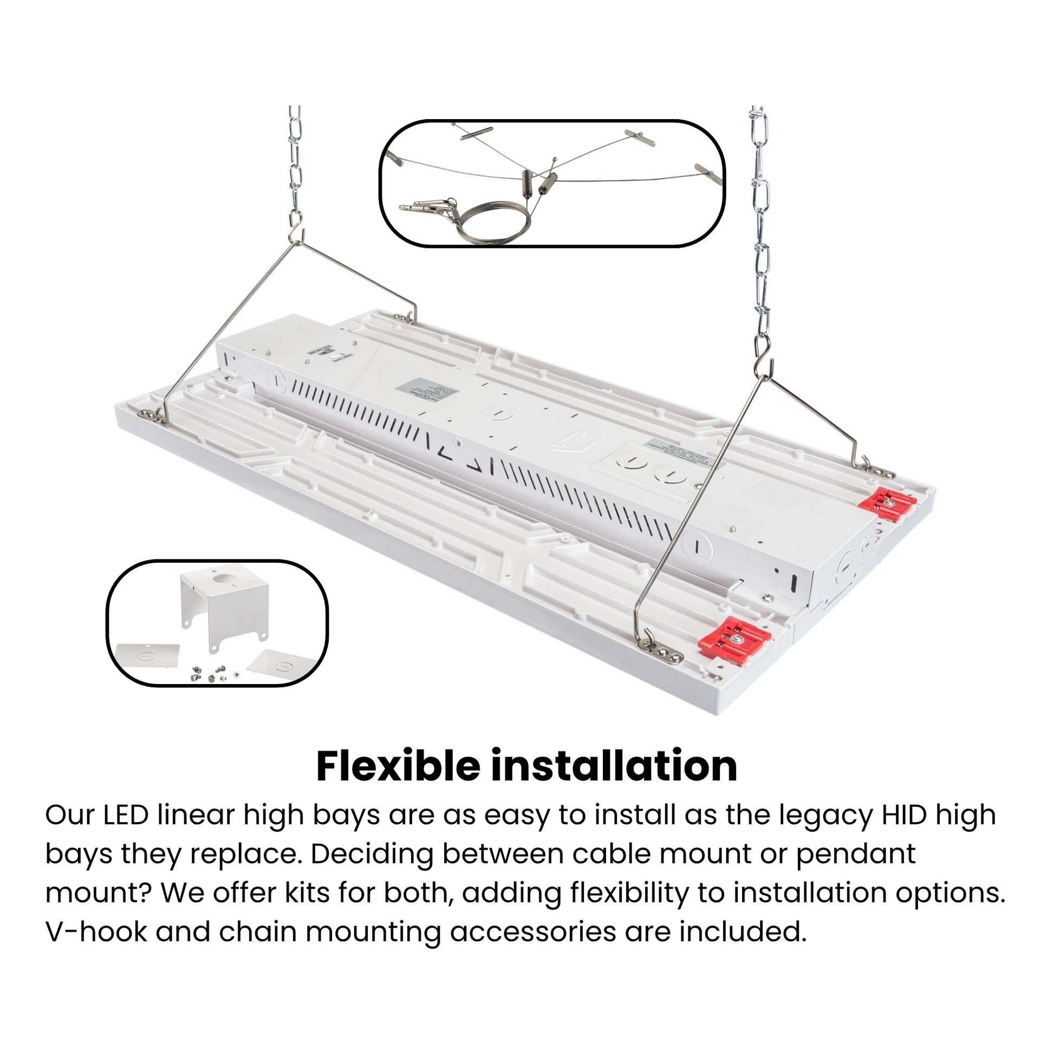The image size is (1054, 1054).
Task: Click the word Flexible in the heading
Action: coord(398,766)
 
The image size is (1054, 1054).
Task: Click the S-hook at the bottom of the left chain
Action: coord(296,225)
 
